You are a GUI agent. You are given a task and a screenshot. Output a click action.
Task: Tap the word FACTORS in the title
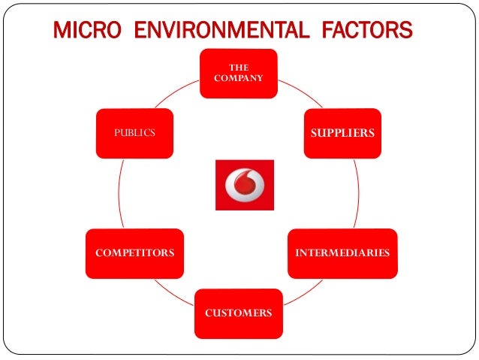pos(360,31)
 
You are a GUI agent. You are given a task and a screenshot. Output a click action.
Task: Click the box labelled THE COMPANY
pos(239,73)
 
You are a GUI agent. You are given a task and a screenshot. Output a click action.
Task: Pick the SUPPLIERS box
pos(342,133)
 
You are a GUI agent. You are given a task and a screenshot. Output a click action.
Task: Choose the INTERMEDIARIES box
pos(342,253)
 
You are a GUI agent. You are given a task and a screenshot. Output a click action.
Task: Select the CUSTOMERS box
pos(239,312)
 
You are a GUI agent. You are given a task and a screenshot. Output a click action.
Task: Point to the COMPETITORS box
pos(135,253)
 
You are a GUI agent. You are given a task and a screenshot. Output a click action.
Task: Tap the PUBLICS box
pos(135,133)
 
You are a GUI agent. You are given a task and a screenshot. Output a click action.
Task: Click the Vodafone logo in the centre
pos(244,185)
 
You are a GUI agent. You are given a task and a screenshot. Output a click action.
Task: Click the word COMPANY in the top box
pos(239,77)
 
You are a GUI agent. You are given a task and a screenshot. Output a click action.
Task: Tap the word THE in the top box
pos(239,68)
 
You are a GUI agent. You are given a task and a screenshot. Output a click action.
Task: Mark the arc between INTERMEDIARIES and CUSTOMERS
pos(308,289)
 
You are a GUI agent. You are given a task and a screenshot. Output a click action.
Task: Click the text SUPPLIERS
pos(342,133)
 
